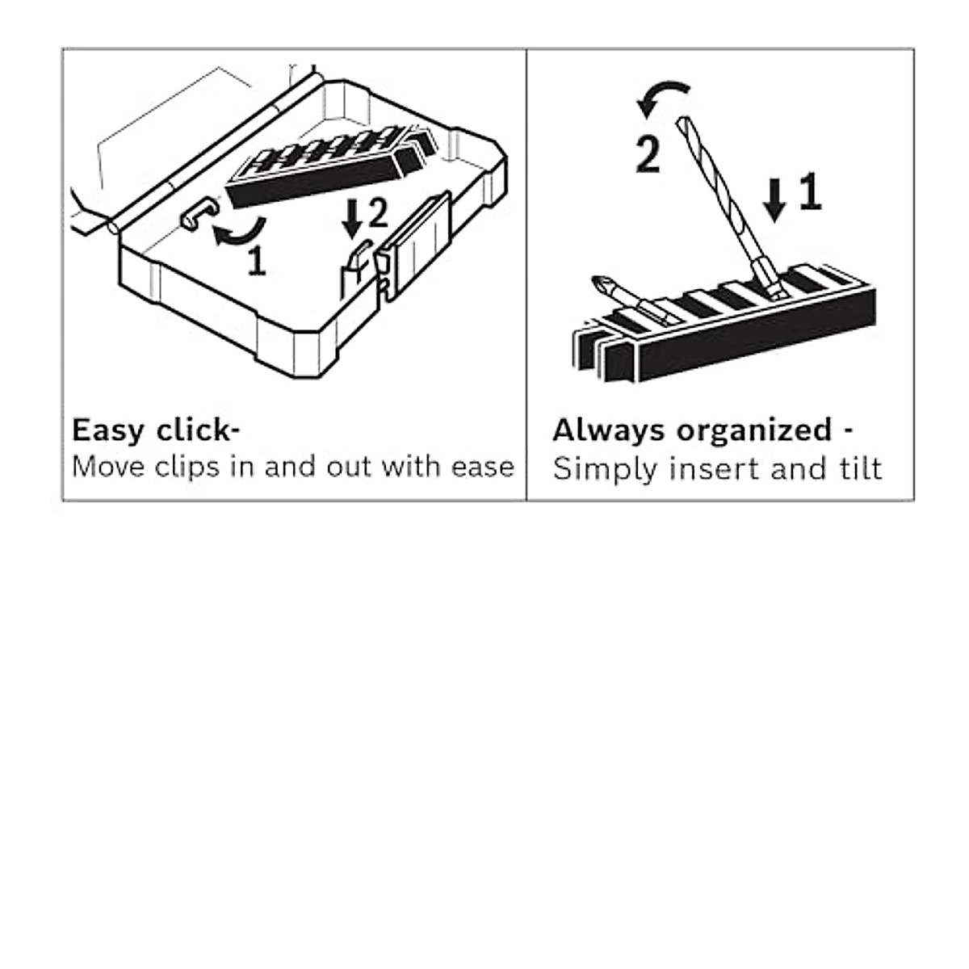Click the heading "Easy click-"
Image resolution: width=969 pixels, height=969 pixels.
(156, 430)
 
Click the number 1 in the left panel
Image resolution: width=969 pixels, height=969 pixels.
(257, 261)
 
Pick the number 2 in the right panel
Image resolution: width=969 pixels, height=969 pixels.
(648, 155)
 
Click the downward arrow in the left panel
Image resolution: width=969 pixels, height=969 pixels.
(352, 218)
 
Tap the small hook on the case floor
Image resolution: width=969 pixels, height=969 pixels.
(199, 215)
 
